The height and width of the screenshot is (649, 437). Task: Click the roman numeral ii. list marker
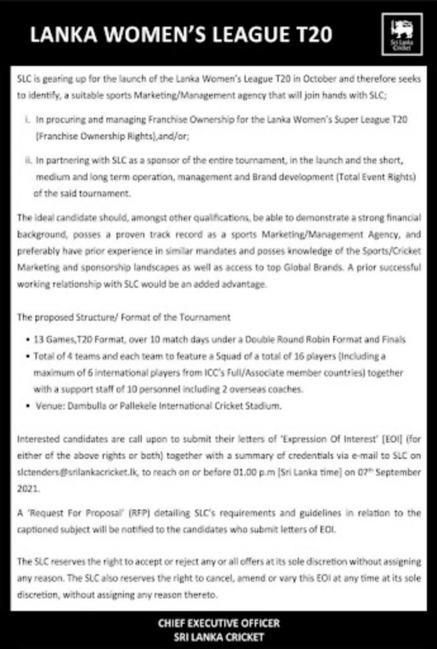(27, 162)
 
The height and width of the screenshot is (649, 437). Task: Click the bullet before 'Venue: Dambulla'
(23, 404)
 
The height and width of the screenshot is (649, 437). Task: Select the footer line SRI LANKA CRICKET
(218, 636)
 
